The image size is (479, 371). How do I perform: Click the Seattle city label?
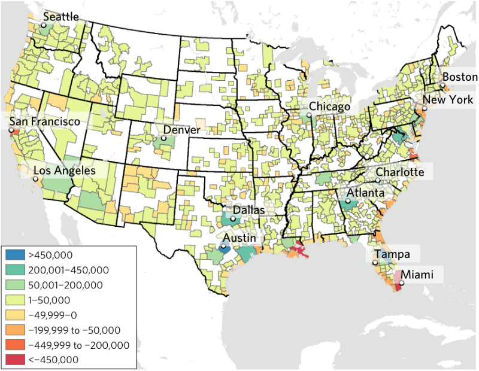tap(61, 17)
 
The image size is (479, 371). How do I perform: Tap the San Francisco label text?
tap(44, 121)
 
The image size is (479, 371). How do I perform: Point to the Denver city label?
tap(183, 129)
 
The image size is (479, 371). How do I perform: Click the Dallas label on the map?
tap(250, 210)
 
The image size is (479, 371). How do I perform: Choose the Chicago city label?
tap(329, 107)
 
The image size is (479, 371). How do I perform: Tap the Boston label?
tap(460, 77)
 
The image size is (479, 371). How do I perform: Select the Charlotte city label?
tap(400, 172)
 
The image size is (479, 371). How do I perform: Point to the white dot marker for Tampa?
tap(375, 263)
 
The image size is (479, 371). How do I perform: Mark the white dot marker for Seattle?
tap(44, 25)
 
